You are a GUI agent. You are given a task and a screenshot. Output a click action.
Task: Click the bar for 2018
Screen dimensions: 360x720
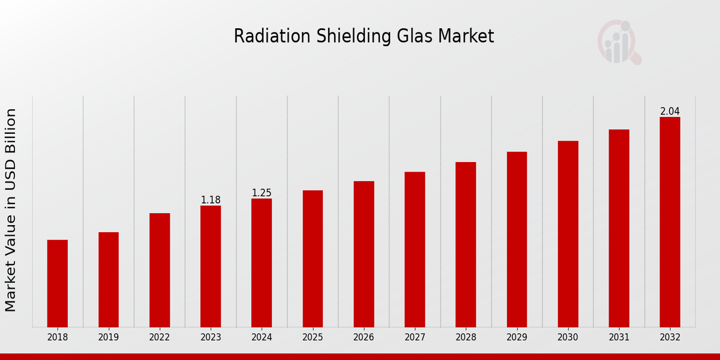[x=58, y=283]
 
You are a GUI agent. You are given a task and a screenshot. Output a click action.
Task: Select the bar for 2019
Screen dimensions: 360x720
[x=109, y=280]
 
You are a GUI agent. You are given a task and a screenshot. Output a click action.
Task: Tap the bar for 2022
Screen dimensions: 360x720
[x=160, y=270]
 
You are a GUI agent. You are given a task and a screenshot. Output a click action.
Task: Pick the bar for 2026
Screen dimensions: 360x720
[x=364, y=254]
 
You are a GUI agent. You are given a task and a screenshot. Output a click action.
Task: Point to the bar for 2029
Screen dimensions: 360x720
[x=517, y=239]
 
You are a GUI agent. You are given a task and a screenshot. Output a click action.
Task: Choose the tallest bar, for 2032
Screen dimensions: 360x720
[x=670, y=222]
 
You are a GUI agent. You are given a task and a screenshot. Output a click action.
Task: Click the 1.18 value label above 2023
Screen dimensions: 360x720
[x=211, y=200]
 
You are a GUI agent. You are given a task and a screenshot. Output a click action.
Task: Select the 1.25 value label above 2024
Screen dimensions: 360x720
[x=262, y=193]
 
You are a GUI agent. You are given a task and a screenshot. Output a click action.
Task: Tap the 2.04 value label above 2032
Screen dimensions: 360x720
[x=670, y=111]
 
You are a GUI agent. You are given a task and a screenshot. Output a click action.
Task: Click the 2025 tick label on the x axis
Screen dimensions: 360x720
[x=313, y=338]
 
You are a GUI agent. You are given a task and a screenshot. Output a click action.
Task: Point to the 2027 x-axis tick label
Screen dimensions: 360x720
[x=415, y=338]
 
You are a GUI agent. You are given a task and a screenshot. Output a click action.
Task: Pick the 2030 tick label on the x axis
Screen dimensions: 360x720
[x=568, y=338]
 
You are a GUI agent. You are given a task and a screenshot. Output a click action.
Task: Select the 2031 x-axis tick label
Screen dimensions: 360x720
[x=619, y=338]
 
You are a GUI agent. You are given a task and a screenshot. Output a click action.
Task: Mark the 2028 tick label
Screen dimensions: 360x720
[x=466, y=338]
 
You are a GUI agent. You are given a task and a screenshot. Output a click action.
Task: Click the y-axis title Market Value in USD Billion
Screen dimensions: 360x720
[x=11, y=210]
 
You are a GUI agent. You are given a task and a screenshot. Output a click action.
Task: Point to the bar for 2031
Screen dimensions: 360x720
[x=619, y=228]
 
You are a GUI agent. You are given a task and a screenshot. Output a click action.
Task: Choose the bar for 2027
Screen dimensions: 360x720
[x=415, y=250]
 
